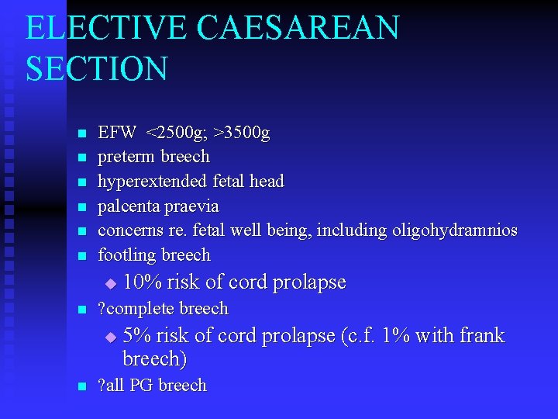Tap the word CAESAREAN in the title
(298, 29)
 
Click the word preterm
(126, 157)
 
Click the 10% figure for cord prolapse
(139, 282)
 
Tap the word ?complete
(136, 309)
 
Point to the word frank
(482, 336)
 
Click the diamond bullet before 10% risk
(110, 283)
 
